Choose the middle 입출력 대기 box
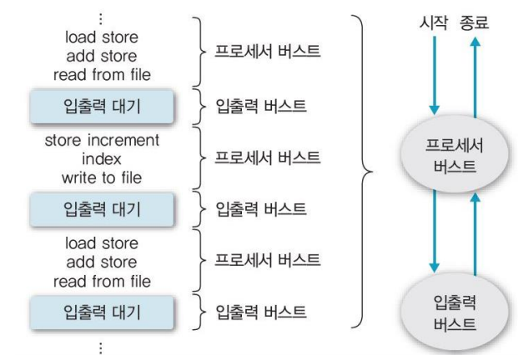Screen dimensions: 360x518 point(103,208)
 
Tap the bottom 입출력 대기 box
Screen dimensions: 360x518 point(103,313)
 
